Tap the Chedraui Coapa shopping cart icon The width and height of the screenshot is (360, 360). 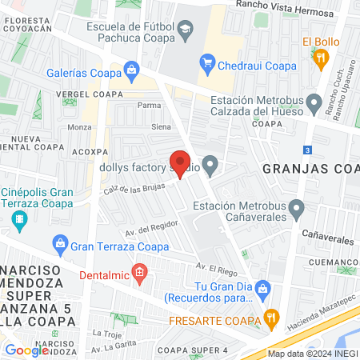(x=208, y=61)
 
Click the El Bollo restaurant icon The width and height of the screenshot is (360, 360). (x=321, y=57)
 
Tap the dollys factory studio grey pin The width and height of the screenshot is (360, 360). (x=210, y=167)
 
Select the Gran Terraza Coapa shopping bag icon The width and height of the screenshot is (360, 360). (x=58, y=242)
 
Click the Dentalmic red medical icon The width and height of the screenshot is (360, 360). (x=140, y=274)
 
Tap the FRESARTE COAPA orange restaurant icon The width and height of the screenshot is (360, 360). (x=271, y=316)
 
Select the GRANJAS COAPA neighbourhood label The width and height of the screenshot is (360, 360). (x=309, y=168)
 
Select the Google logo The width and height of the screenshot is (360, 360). (x=27, y=350)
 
